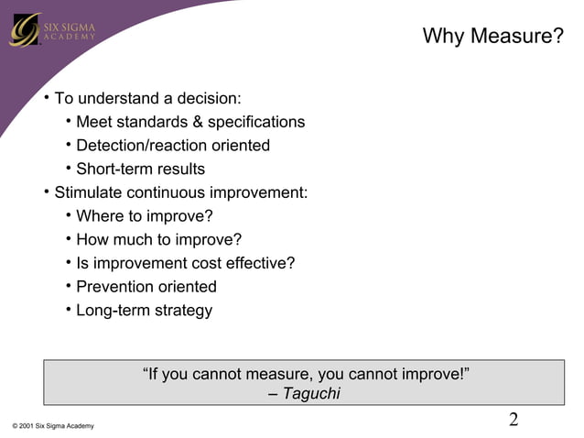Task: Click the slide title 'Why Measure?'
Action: click(x=492, y=37)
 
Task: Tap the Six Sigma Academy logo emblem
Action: click(x=24, y=30)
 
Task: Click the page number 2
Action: click(x=514, y=420)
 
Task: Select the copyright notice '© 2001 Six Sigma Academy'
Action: click(x=53, y=426)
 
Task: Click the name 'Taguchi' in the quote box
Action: click(x=311, y=394)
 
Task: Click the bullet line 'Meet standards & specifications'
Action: click(x=190, y=122)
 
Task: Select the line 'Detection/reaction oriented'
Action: click(x=173, y=146)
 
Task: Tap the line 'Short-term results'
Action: click(x=140, y=170)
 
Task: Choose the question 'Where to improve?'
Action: click(x=145, y=216)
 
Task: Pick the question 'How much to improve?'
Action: click(x=158, y=240)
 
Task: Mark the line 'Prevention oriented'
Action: click(x=146, y=287)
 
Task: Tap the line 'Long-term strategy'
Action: click(x=144, y=311)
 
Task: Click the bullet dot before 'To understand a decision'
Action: click(x=46, y=97)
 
